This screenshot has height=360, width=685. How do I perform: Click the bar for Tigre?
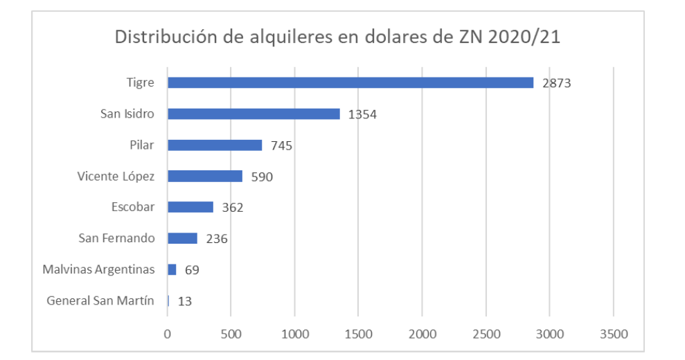350,82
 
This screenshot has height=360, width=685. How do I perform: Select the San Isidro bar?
253,114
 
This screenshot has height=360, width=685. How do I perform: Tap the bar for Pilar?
215,145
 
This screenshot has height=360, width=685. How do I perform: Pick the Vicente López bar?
205,176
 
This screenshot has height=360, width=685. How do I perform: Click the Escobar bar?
190,207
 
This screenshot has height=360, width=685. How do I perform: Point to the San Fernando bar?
182,238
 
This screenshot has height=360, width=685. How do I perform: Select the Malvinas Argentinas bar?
172,269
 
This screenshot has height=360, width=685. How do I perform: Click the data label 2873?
558,84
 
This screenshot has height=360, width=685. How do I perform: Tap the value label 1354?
362,115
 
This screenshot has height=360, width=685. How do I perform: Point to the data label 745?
282,146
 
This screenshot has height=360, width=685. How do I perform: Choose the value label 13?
184,302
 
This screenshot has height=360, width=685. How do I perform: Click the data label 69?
192,271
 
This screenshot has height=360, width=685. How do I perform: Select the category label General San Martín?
100,300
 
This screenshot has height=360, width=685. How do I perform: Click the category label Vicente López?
116,176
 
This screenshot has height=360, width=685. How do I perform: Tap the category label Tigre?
140,82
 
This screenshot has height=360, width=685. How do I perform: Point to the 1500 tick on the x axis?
358,334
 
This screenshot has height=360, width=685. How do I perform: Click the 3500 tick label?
613,334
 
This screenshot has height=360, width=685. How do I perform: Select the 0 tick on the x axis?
168,334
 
